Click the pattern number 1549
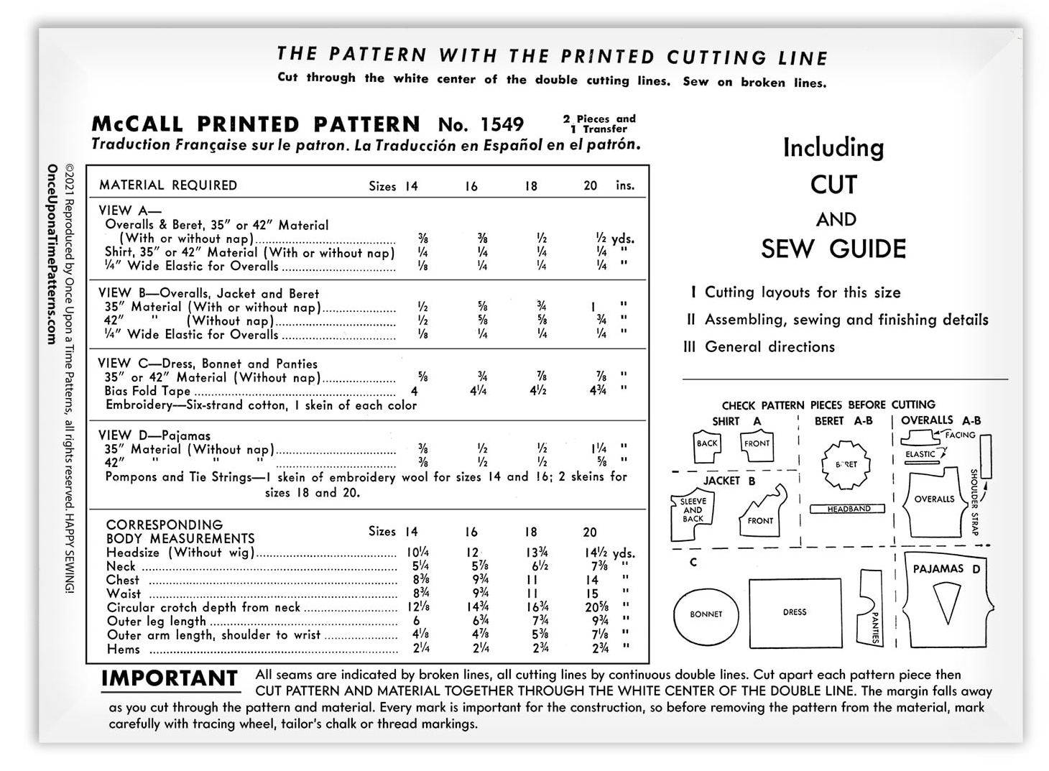point(502,124)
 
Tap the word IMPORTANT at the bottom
point(170,678)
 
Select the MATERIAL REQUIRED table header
point(168,185)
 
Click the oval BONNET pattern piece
point(706,614)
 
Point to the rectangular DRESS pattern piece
point(795,612)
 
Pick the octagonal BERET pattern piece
point(846,464)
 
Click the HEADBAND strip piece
point(849,509)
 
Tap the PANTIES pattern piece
point(871,608)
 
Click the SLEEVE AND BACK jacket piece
point(692,515)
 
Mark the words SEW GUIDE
point(833,249)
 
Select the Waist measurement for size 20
point(592,594)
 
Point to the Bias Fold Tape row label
point(147,391)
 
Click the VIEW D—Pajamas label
point(154,435)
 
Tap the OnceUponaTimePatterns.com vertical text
point(52,254)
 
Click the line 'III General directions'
point(759,347)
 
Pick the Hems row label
point(124,649)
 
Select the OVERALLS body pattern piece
point(934,501)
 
